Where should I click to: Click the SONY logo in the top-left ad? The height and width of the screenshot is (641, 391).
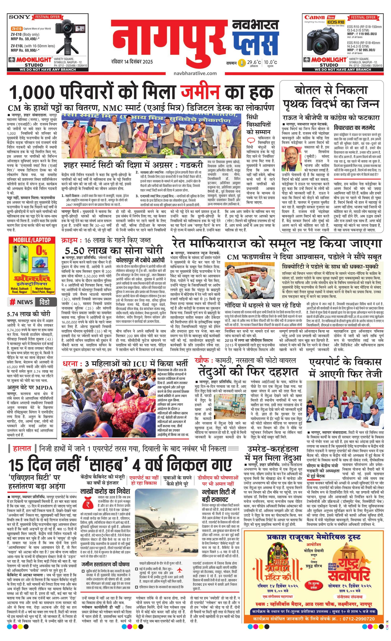tap(20, 17)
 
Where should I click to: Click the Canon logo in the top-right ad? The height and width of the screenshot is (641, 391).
tap(315, 17)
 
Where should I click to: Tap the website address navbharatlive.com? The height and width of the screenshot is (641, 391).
tap(195, 73)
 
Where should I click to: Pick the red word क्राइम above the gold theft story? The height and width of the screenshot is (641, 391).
tap(70, 240)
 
